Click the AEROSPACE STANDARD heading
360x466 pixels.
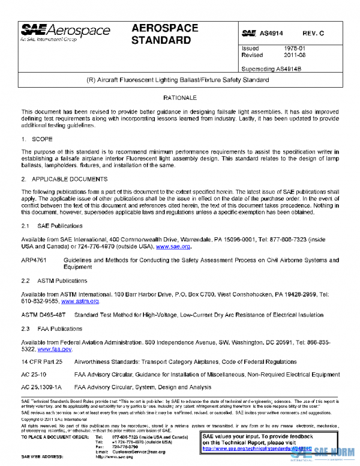pyautogui.click(x=161, y=35)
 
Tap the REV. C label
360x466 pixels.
pyautogui.click(x=313, y=34)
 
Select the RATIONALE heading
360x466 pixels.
pyautogui.click(x=180, y=97)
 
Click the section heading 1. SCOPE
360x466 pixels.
pyautogui.click(x=37, y=139)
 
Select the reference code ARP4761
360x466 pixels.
pyautogui.click(x=35, y=260)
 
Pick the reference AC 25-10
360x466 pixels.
pyautogui.click(x=34, y=375)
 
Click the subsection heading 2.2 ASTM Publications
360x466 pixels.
pyautogui.click(x=54, y=280)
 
